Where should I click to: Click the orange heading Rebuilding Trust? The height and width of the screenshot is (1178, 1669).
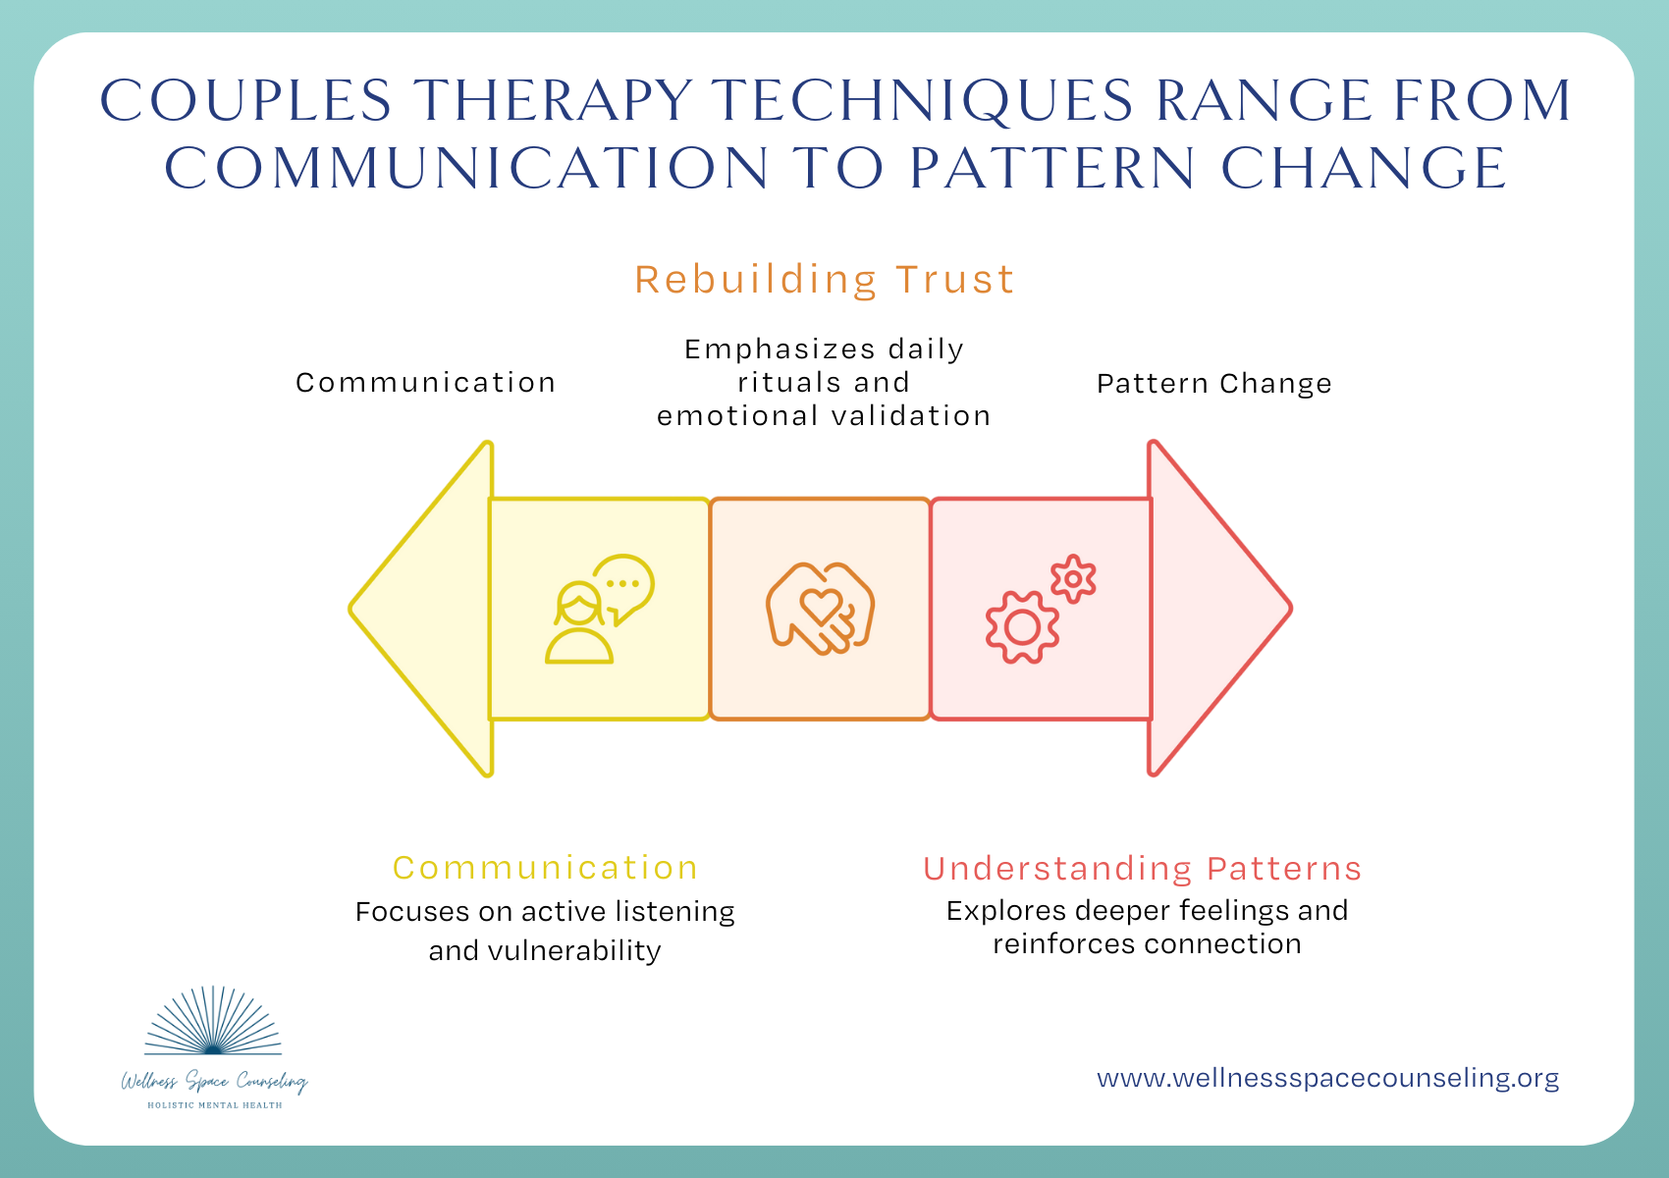point(825,280)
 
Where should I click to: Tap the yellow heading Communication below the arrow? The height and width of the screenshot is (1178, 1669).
point(545,868)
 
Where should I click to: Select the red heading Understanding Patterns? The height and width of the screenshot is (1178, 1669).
point(1143,869)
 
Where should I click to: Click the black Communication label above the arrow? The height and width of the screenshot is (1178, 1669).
point(426,383)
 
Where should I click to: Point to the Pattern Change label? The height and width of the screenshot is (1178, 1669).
point(1214,384)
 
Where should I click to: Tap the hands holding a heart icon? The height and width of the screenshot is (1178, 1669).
point(821,609)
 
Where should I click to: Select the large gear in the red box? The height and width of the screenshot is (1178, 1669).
point(1022,626)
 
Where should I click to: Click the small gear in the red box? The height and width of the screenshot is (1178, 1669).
point(1073,579)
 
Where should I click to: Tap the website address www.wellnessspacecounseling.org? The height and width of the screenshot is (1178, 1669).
point(1327,1078)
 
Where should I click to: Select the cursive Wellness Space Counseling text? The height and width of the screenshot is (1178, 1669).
point(214,1082)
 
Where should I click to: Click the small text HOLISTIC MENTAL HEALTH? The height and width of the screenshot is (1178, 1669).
point(214,1105)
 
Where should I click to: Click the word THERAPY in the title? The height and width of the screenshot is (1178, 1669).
point(551,100)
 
